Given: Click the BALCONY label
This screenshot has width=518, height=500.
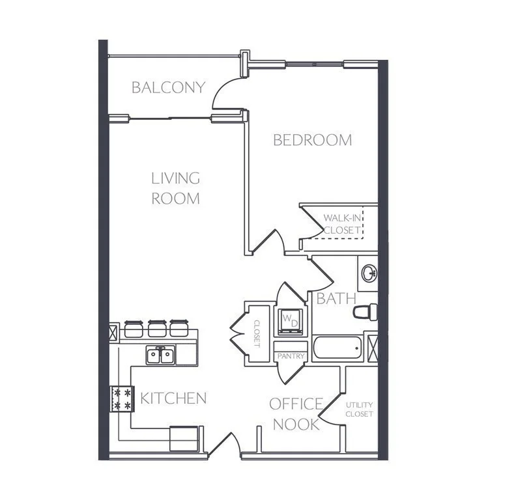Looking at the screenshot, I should (x=168, y=87).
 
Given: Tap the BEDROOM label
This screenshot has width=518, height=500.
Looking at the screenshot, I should (x=312, y=140).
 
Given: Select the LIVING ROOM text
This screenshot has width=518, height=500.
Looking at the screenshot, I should (x=175, y=187).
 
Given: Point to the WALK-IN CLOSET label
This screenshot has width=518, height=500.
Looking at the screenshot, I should (x=342, y=224).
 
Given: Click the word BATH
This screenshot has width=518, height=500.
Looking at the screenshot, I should (x=336, y=299).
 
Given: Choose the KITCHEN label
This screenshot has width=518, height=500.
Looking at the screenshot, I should (x=173, y=398).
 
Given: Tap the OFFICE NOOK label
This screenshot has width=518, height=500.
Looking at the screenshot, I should (x=296, y=414).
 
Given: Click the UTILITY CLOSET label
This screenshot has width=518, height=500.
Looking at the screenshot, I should (x=359, y=410).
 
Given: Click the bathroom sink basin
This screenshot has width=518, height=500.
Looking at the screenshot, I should (x=369, y=271).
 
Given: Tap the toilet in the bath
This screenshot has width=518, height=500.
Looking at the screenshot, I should (x=366, y=312).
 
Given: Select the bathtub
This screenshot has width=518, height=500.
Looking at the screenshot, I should (x=337, y=348).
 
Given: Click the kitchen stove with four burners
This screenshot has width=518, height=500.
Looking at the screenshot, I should (x=121, y=398).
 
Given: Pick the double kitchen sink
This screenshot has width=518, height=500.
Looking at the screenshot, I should (x=160, y=355).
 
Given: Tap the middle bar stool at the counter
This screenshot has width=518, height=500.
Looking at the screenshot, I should (x=156, y=327).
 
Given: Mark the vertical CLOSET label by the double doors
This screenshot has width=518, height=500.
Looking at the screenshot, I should (x=256, y=333).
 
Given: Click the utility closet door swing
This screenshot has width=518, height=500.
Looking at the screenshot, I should (x=333, y=411).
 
